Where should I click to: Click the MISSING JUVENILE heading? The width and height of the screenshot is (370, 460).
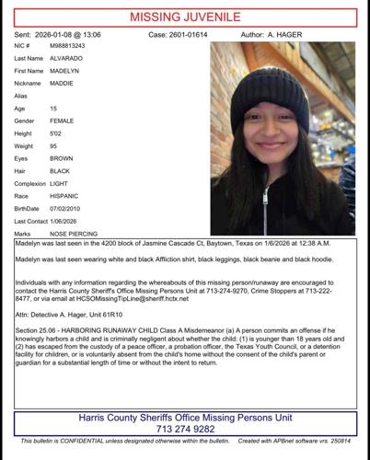click(x=185, y=16)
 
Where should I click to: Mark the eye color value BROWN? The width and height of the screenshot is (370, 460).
click(x=72, y=157)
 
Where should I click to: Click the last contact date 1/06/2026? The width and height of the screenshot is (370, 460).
click(x=79, y=221)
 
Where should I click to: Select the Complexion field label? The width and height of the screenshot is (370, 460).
click(x=30, y=183)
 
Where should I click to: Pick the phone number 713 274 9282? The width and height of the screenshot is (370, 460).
click(x=184, y=429)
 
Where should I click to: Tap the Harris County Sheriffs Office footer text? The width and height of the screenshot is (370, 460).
click(x=184, y=417)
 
